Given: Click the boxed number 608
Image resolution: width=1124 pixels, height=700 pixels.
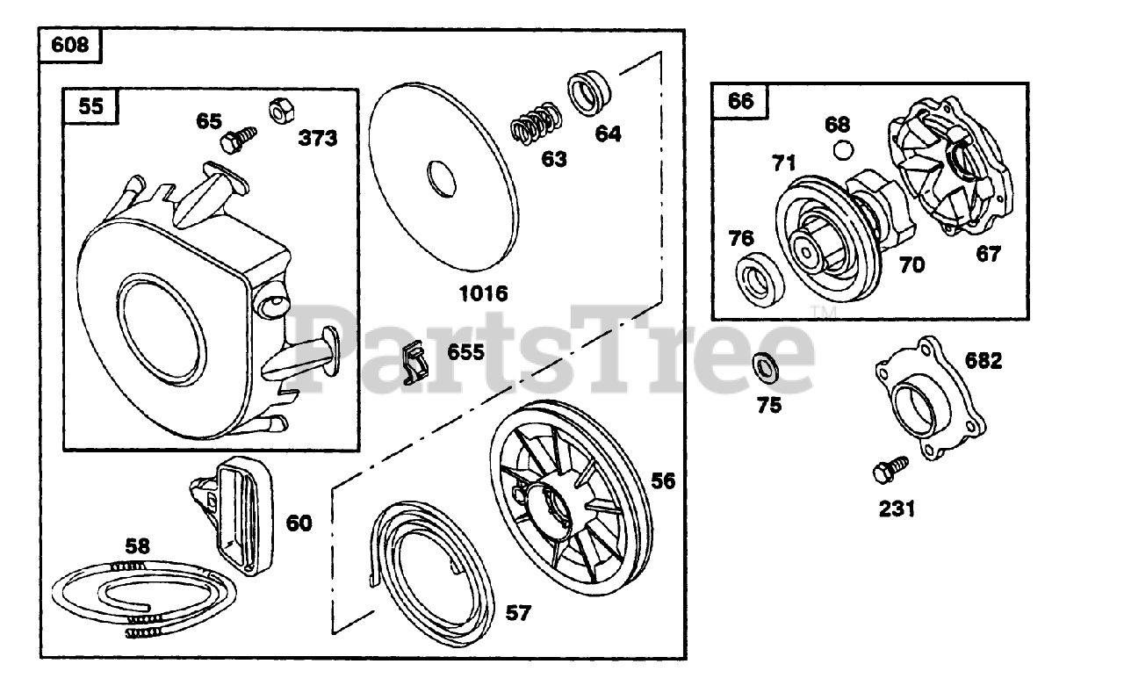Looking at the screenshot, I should (70, 45).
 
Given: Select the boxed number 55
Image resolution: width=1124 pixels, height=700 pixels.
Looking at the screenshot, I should (90, 106).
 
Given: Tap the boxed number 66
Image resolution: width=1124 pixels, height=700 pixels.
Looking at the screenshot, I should (740, 100).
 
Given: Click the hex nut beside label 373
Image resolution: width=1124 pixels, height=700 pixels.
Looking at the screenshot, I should (275, 110).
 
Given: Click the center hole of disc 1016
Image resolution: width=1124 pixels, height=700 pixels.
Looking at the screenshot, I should (441, 178).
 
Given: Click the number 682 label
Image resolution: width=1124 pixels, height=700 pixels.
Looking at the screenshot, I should (983, 361).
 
